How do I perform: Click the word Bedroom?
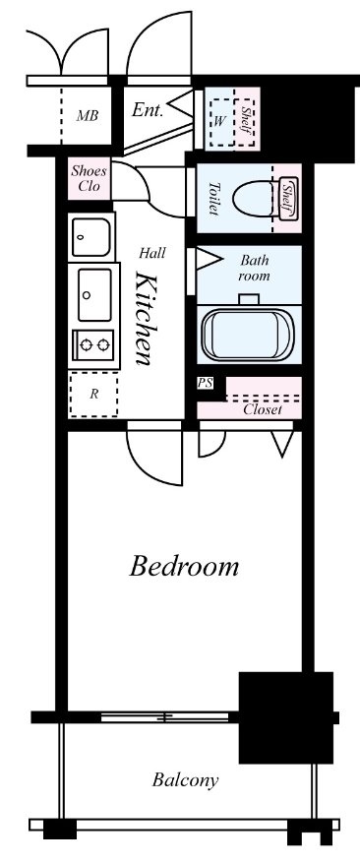coord(184,566)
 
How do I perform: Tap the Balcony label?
coord(185,780)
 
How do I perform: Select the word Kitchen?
coord(144,318)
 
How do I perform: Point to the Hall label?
coord(151,253)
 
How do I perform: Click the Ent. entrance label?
coord(148,110)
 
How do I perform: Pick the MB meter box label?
coord(87,116)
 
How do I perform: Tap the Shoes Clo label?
coord(89,178)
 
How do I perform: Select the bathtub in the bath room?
coord(248,334)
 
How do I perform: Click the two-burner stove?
coord(94,345)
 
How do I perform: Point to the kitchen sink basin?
coord(94,295)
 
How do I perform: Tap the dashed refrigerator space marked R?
coord(93,394)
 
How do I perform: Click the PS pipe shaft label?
coord(205,383)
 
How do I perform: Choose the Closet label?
coord(263,409)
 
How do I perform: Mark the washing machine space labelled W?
coord(221,122)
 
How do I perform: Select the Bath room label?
coord(255,268)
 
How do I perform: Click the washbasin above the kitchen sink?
coord(91,237)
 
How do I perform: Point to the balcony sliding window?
coord(164,717)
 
